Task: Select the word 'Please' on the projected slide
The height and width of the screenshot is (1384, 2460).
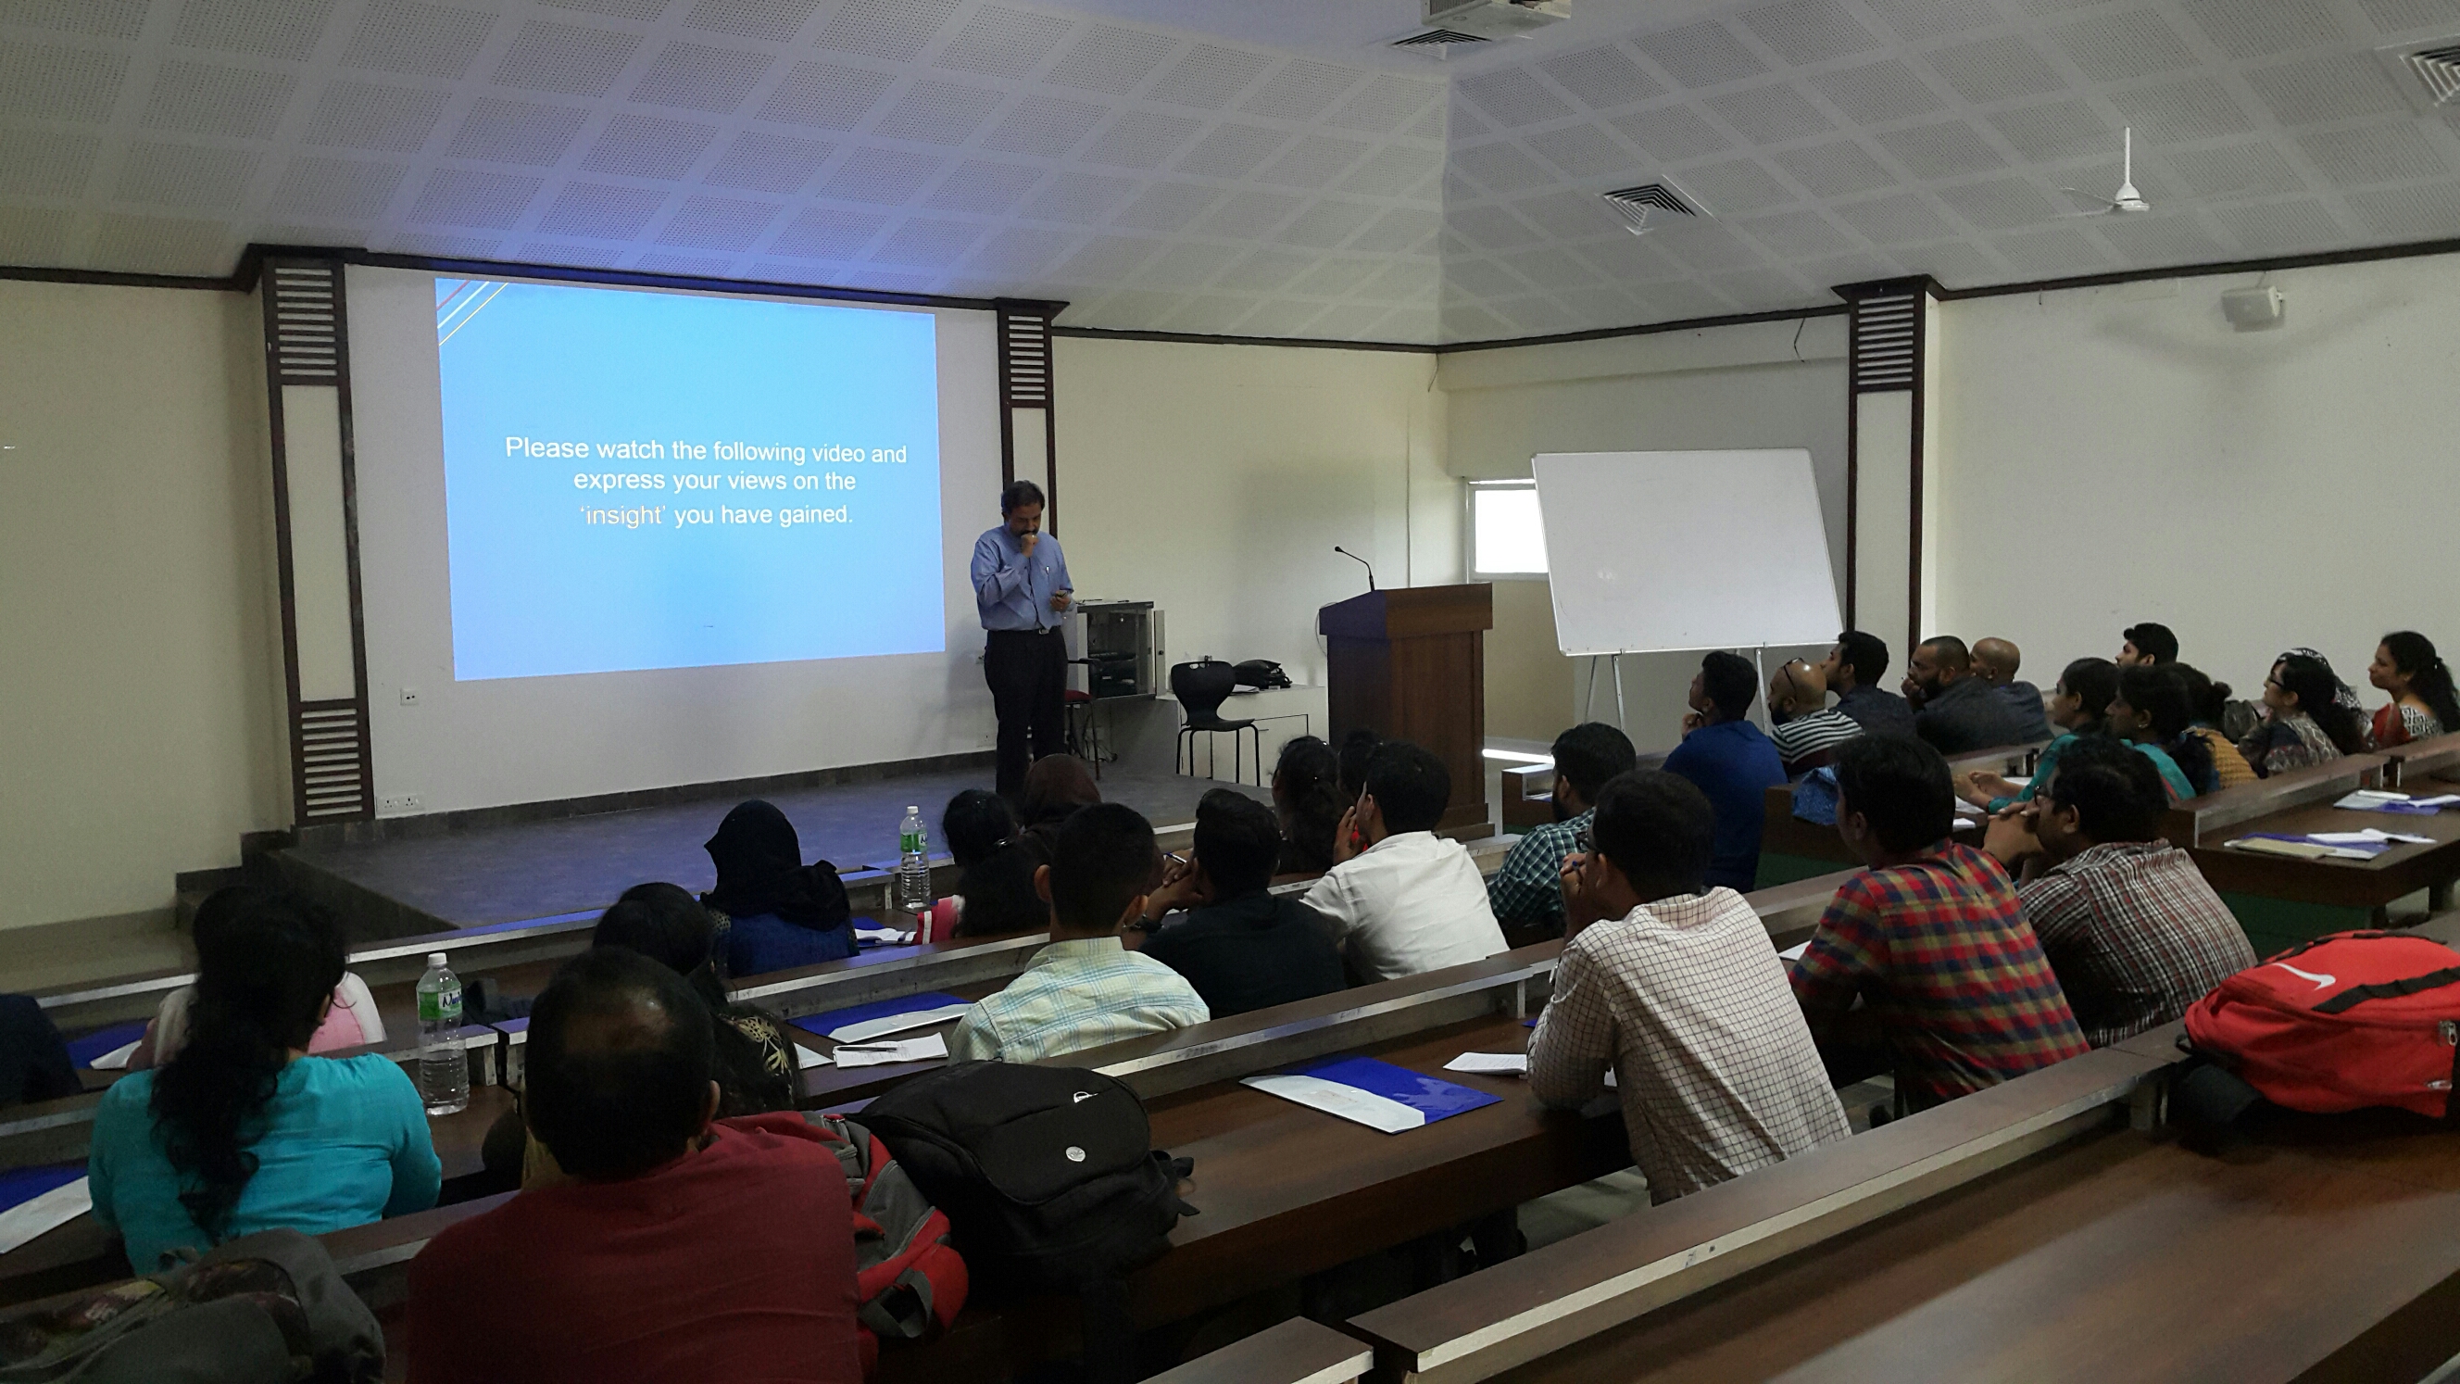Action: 544,448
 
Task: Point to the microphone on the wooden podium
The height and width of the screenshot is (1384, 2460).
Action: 1355,568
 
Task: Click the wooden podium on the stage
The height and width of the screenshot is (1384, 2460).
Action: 1407,682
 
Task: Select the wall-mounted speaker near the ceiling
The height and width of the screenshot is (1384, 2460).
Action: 2251,308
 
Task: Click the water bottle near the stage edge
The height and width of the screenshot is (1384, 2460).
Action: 914,858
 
